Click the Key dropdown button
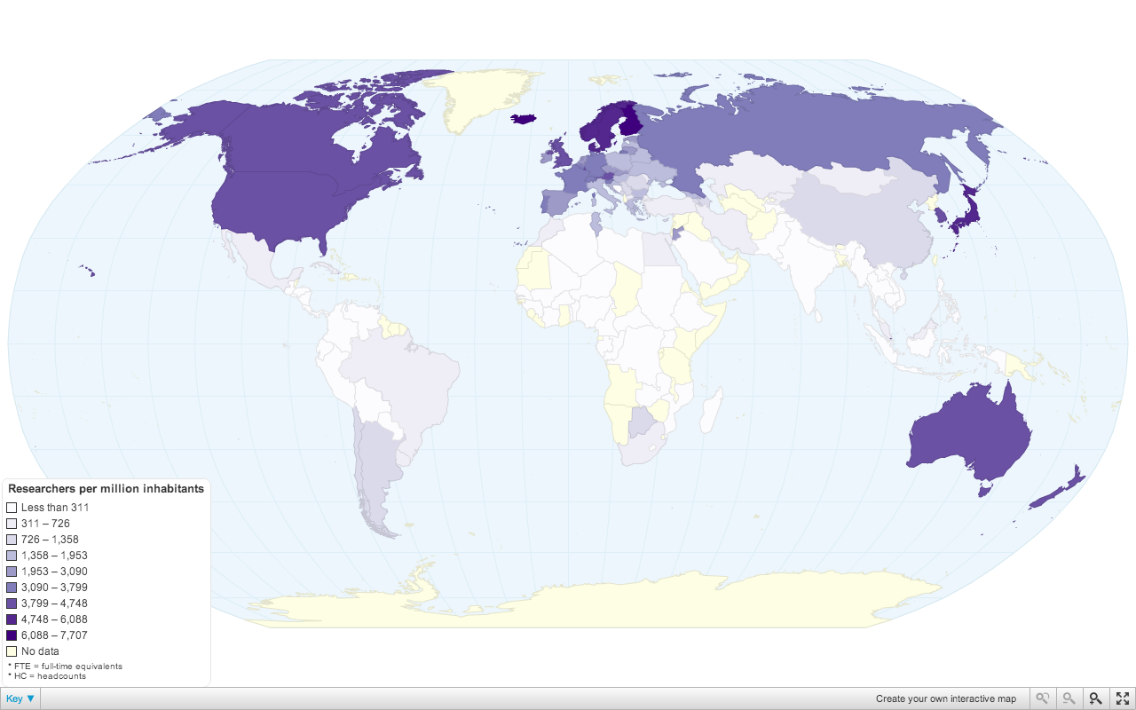[20, 698]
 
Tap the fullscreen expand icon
[1122, 698]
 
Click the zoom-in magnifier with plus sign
[1095, 698]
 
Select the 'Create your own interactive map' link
[945, 698]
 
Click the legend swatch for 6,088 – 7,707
[12, 635]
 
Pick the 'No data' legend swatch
[12, 651]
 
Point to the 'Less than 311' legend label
[55, 508]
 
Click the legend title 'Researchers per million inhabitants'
[106, 489]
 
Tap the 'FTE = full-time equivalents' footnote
[67, 666]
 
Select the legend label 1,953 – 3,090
[54, 572]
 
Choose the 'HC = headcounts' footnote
[49, 676]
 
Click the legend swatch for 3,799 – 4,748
[12, 603]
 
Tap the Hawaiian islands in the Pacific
[88, 270]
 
